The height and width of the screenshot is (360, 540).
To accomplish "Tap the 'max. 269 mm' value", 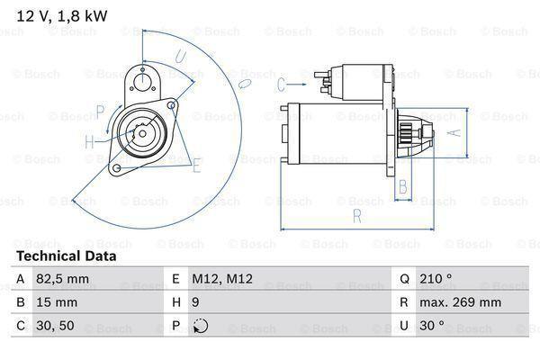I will [x=463, y=302].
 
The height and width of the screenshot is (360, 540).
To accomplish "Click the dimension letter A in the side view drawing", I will [x=454, y=131].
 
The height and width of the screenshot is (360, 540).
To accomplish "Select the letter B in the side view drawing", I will [x=404, y=187].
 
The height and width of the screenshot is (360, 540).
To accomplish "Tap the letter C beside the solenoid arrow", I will [x=281, y=85].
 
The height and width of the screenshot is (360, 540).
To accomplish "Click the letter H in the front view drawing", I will [x=89, y=141].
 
